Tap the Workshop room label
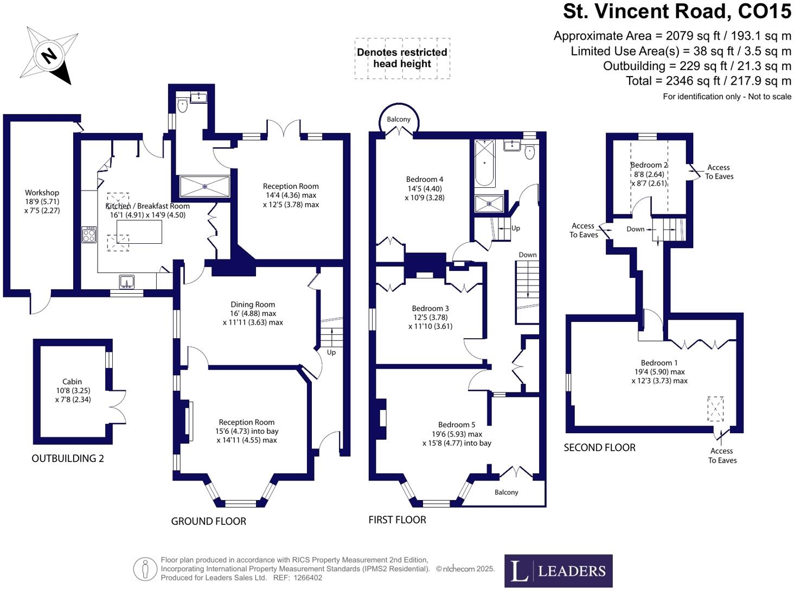pos(42,193)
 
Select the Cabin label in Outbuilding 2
pos(72,382)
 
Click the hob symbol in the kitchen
pos(89,235)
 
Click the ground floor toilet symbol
pos(182,105)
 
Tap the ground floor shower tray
pos(204,186)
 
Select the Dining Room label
pos(253,305)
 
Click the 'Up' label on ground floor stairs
pos(331,352)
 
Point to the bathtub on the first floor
pos(484,163)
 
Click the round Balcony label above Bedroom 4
pos(399,119)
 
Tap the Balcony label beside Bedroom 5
pos(506,492)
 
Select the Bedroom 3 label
pos(430,308)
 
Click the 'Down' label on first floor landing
pos(527,255)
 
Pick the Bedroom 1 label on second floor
pos(659,363)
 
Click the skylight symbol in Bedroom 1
pos(715,409)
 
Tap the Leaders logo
pos(558,571)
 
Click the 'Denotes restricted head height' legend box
pos(402,58)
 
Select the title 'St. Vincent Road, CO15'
pos(677,11)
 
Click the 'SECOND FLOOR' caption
pos(599,448)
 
